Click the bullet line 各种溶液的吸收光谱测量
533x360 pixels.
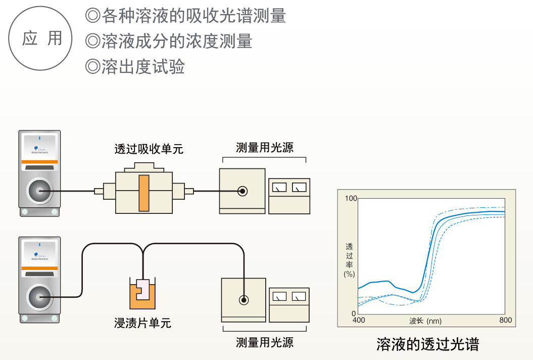186,16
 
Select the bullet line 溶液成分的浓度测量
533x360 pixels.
169,41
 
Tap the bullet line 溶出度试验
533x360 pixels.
135,67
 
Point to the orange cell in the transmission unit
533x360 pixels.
144,192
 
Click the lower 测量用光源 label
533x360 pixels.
264,342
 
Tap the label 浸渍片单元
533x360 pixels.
143,323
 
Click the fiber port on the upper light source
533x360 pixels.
243,191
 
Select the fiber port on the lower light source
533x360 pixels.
244,300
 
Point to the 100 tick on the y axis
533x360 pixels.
351,198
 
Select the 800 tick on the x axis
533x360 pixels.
505,321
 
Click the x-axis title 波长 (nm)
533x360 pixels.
425,321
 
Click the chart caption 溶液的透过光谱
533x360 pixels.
427,344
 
